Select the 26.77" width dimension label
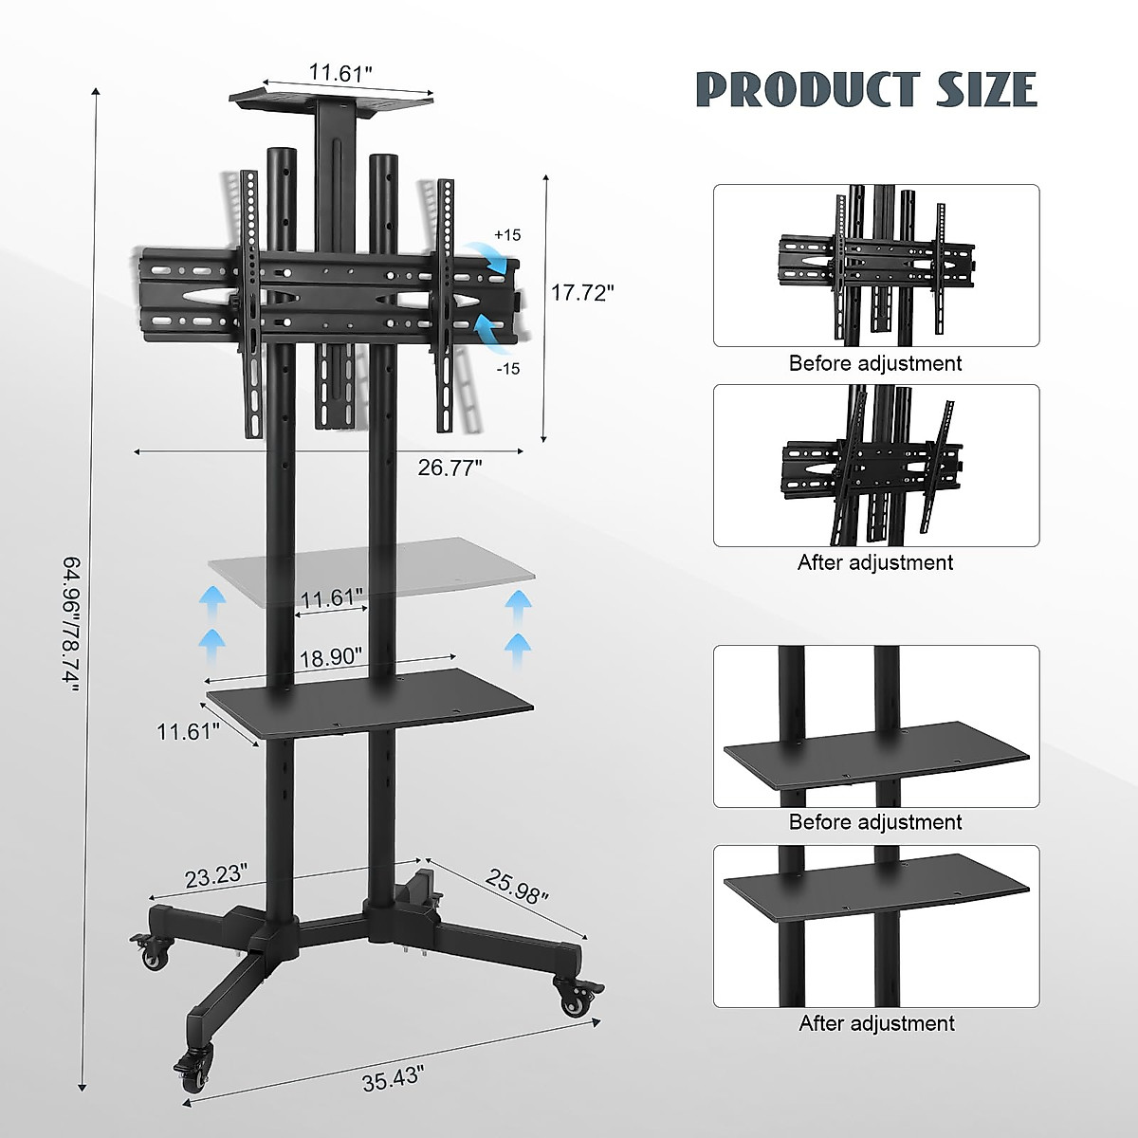450,466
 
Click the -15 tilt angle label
506,369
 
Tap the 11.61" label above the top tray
340,72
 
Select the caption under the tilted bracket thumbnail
874,562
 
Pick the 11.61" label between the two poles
332,598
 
